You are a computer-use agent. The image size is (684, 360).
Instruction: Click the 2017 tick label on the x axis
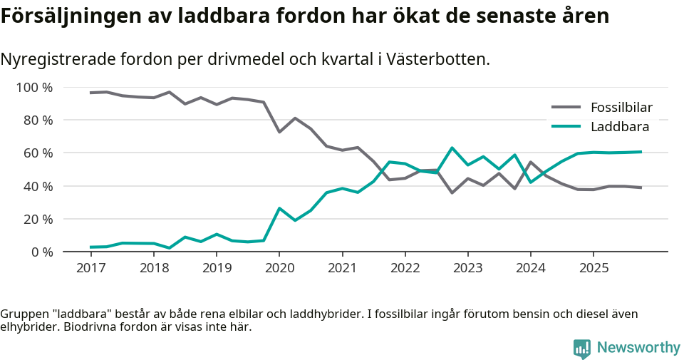click(x=90, y=268)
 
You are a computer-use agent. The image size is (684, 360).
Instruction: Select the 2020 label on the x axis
click(x=279, y=268)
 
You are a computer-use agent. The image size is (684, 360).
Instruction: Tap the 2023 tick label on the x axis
click(x=467, y=268)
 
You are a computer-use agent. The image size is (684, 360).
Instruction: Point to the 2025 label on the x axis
click(x=593, y=268)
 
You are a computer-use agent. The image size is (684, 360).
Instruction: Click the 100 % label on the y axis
click(x=35, y=88)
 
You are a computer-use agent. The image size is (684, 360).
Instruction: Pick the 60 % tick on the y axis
click(x=38, y=153)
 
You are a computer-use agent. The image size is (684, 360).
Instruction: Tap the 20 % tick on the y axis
click(x=38, y=219)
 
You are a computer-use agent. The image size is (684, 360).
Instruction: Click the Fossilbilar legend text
click(x=621, y=108)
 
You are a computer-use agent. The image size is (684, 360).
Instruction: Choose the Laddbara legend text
click(x=619, y=127)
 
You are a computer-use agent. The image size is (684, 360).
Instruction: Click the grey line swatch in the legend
click(x=566, y=108)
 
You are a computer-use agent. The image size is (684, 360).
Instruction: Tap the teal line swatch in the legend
click(x=566, y=127)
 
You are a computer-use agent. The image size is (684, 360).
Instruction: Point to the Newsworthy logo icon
click(x=582, y=348)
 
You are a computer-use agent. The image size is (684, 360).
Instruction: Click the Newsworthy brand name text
click(x=638, y=347)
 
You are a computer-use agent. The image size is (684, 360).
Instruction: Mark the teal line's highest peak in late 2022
click(x=452, y=148)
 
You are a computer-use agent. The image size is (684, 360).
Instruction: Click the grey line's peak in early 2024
click(x=530, y=162)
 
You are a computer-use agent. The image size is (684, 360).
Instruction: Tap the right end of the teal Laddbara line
click(x=641, y=152)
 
